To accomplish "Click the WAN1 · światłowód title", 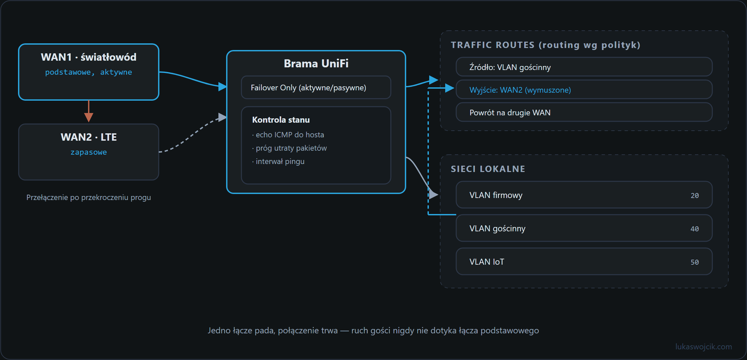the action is tap(89, 57).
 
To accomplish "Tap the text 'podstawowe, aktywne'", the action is tap(89, 72).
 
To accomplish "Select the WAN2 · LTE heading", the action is tap(89, 137).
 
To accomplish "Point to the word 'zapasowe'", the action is tap(89, 152).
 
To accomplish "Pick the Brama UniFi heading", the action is tap(316, 63).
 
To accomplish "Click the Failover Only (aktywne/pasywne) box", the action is tap(316, 87).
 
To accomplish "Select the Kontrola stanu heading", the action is tap(281, 120).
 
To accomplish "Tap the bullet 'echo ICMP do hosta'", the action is tap(288, 135).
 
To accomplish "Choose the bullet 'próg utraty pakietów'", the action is tap(289, 148).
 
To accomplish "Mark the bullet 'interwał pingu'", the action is tap(278, 161).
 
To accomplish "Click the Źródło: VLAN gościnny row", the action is tap(584, 67).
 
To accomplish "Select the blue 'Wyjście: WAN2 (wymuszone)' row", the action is tap(584, 90).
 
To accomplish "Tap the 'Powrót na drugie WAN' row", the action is tap(584, 112).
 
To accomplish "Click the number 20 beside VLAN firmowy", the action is tap(695, 196).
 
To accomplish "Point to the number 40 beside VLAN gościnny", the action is tap(695, 229).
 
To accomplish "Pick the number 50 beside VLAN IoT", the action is tap(695, 262).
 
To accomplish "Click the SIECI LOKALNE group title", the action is tap(488, 169).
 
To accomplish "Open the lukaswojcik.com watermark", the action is tap(704, 347).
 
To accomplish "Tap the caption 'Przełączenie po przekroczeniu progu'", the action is tap(89, 197).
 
